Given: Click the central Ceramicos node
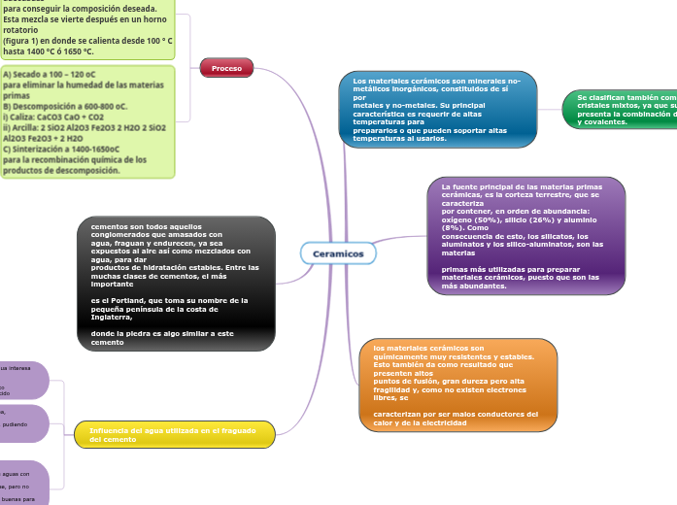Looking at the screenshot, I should [x=339, y=253].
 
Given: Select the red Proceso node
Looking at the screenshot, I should [x=226, y=68].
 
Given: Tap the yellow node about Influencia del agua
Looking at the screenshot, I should [x=175, y=434].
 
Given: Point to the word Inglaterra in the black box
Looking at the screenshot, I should [x=112, y=317].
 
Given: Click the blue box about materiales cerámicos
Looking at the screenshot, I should [x=437, y=110].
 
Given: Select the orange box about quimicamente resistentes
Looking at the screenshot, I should [x=457, y=385].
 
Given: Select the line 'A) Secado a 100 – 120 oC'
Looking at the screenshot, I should [x=49, y=73].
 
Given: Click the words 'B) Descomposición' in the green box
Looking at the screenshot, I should [x=38, y=106].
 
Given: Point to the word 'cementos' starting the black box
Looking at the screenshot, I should [x=110, y=226].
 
